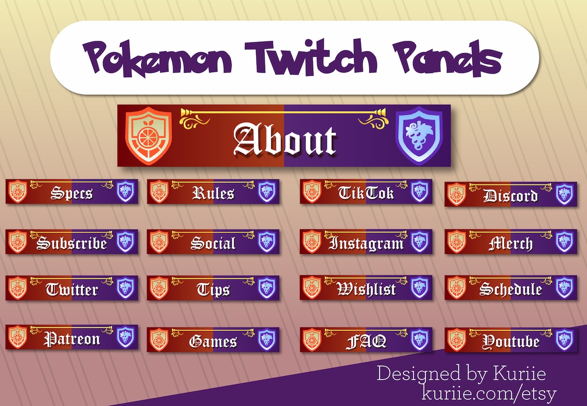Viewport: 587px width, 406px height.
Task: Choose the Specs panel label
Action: point(72,194)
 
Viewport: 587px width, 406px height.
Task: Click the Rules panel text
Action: point(213,194)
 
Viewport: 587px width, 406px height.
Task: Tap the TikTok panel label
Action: point(366,193)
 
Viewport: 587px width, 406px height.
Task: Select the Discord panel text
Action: point(510,196)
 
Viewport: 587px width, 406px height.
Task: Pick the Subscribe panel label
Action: point(72,243)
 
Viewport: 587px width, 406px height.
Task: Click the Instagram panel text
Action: point(366,243)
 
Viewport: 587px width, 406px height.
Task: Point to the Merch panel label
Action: point(510,243)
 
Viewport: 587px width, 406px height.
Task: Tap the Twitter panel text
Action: point(72,290)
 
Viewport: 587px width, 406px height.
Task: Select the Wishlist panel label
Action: point(366,289)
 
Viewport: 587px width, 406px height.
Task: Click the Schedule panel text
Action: point(510,289)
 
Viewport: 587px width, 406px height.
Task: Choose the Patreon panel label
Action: point(72,339)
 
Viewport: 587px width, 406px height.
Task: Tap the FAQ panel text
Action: point(366,341)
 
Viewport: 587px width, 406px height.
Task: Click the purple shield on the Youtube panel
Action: point(564,340)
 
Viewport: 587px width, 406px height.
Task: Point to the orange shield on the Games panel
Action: point(158,340)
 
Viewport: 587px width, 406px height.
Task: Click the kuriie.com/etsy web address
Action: point(489,394)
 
